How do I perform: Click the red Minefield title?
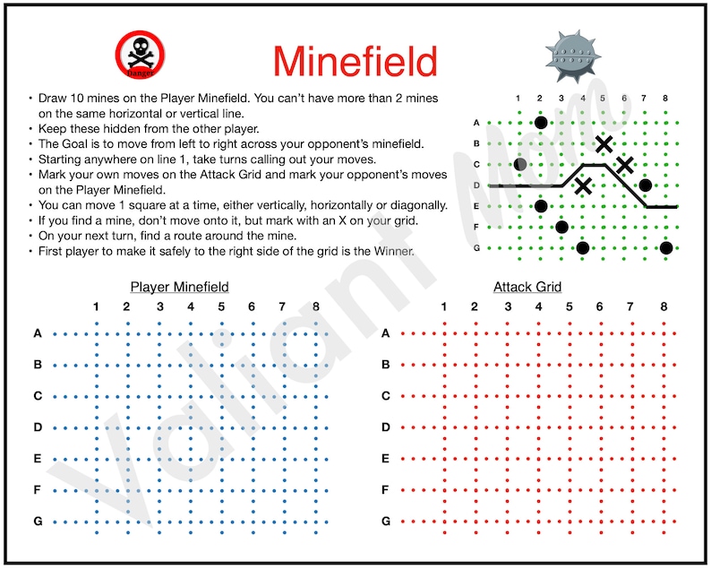355,61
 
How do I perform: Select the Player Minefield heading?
179,288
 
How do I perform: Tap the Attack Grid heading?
527,288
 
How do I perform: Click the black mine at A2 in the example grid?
540,123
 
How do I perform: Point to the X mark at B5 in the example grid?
604,143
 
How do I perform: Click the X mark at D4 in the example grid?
583,185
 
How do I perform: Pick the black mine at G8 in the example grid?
666,248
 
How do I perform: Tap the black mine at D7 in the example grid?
645,185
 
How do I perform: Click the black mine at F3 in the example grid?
561,227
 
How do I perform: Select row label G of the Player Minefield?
38,521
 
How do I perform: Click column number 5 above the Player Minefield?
221,307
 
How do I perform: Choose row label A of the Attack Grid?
386,333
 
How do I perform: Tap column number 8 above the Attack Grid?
664,307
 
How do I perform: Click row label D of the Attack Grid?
386,427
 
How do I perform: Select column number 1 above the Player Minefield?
96,307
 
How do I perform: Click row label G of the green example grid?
476,248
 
